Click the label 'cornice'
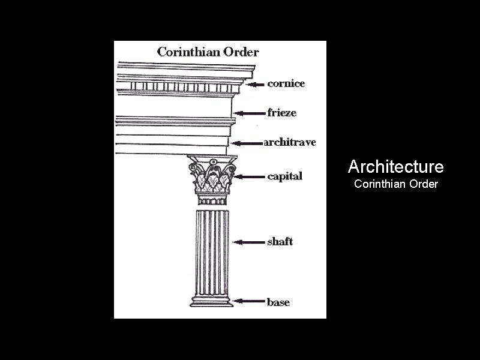tap(286, 83)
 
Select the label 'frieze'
tap(281, 112)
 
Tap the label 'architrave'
tap(290, 143)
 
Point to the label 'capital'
tap(284, 176)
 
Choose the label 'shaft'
tap(280, 242)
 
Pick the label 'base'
tap(278, 302)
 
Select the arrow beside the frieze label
tap(249, 113)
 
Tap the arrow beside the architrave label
tap(247, 143)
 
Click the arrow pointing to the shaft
tap(248, 242)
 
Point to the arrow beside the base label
tap(248, 302)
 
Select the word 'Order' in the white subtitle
tap(422, 184)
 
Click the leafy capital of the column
tap(211, 176)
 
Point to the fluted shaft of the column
tap(212, 252)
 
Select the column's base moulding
tap(212, 300)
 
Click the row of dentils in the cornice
tap(180, 87)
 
